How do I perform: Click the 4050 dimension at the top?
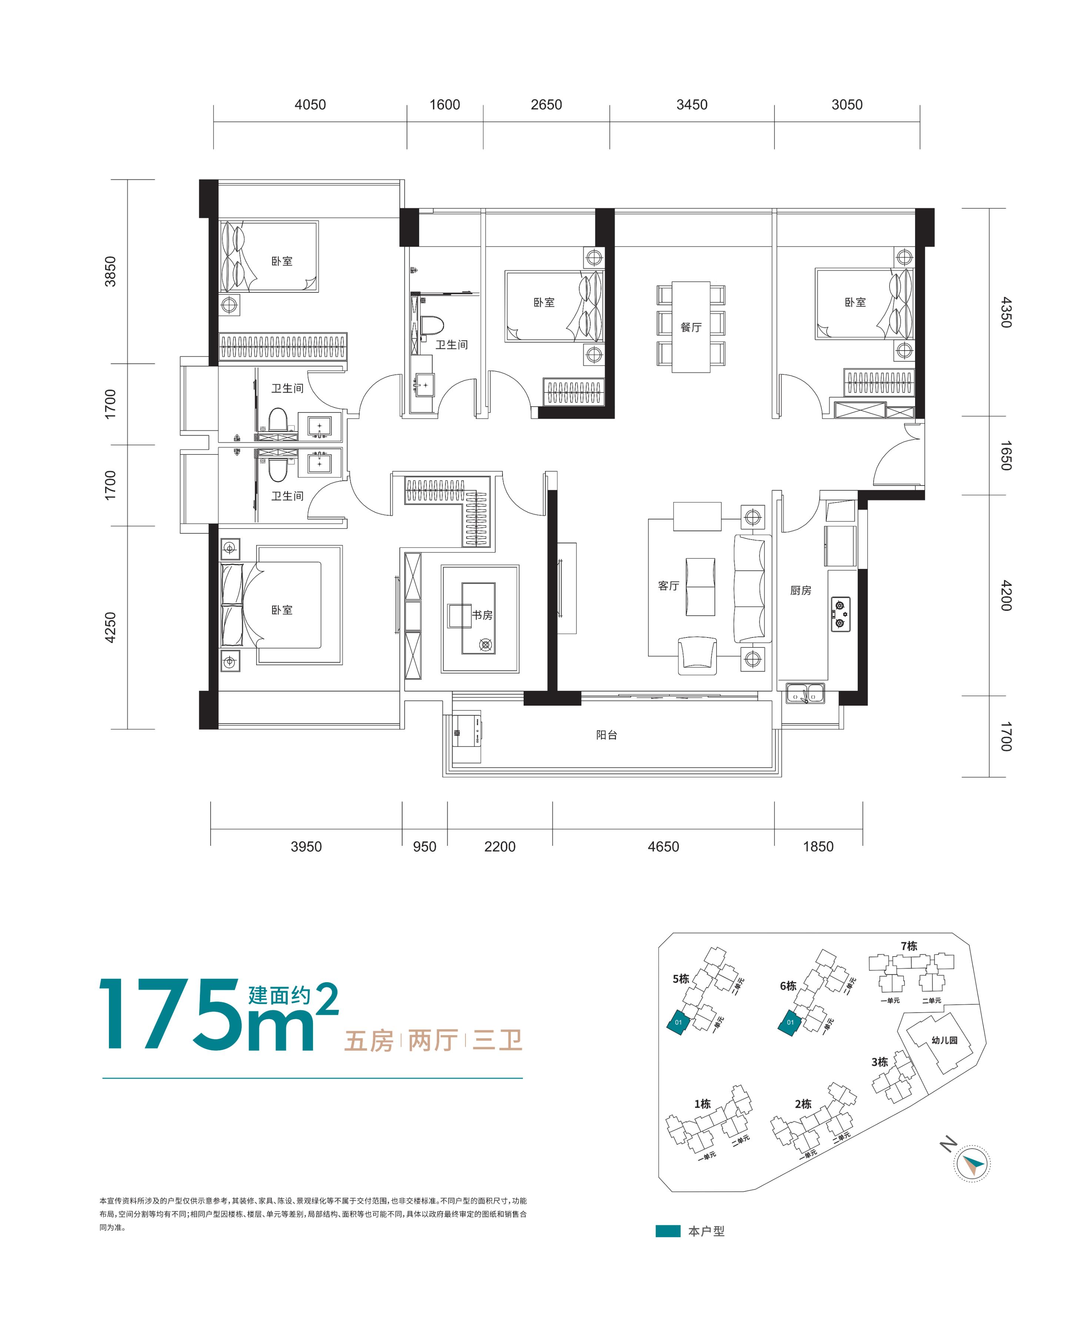(310, 105)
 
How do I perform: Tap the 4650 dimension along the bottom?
(663, 846)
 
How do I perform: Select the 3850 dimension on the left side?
(110, 272)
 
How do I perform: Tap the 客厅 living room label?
(669, 586)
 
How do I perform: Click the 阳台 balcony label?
(606, 735)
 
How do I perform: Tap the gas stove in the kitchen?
(841, 614)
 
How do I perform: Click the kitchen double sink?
(805, 693)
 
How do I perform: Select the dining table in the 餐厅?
(691, 327)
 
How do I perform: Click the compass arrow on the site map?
(973, 1164)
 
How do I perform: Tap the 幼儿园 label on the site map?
(944, 1040)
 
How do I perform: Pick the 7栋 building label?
(909, 946)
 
